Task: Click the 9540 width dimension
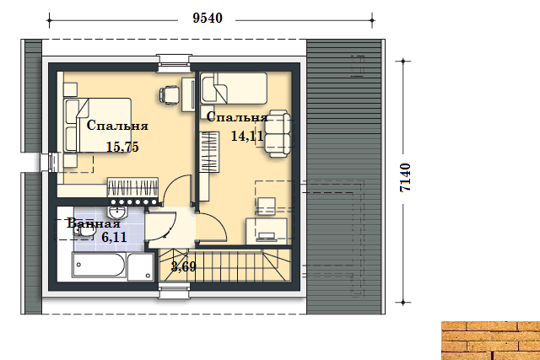(x=208, y=19)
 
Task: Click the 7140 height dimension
(x=405, y=177)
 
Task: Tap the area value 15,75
(x=122, y=147)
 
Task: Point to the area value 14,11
(x=247, y=137)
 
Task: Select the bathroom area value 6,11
(x=114, y=237)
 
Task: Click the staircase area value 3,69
(x=184, y=266)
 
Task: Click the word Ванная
(x=94, y=223)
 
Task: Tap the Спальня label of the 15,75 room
(x=117, y=126)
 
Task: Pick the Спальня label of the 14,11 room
(x=237, y=117)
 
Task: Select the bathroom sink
(x=118, y=212)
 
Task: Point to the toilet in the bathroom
(x=84, y=233)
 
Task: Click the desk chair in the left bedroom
(x=170, y=94)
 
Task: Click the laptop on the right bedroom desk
(x=267, y=236)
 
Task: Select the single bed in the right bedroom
(x=234, y=89)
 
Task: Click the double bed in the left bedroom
(x=98, y=126)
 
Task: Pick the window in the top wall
(x=174, y=64)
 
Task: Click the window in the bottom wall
(x=175, y=291)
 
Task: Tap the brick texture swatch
(x=491, y=341)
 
